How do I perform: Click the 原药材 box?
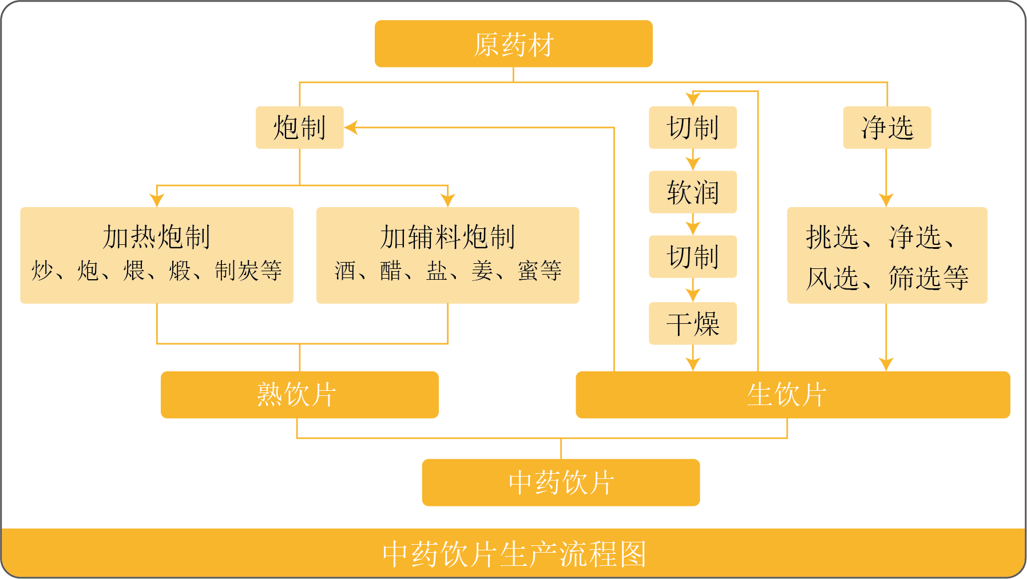point(513,44)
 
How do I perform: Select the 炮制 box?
point(299,127)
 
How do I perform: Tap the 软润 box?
point(692,192)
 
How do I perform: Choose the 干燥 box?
point(692,324)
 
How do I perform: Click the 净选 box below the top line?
point(887,127)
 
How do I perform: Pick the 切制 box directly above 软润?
point(692,127)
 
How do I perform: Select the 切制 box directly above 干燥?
point(692,257)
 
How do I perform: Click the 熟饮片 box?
point(299,395)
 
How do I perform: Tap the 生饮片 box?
point(792,395)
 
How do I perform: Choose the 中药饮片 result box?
point(561,482)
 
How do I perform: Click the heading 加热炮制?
point(156,237)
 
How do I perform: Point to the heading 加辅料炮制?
point(447,237)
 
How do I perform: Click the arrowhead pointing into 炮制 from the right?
point(351,128)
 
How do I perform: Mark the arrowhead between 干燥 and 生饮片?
point(693,364)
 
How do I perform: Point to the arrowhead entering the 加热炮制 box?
point(157,200)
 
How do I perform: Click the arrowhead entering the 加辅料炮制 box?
point(448,200)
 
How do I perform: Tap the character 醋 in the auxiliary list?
point(391,271)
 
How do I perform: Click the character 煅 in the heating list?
point(180,271)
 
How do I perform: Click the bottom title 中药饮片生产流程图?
point(513,554)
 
